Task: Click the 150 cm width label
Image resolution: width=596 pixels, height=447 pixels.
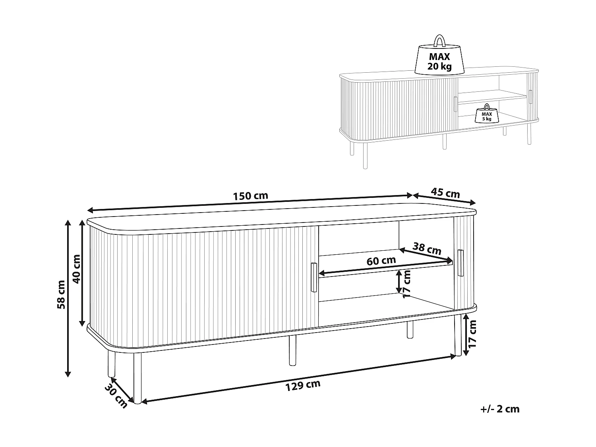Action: [250, 195]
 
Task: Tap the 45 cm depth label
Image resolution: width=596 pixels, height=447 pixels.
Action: [445, 193]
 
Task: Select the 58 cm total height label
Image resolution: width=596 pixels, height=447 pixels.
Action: [61, 294]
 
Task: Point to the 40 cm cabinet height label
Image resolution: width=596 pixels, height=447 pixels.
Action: [77, 269]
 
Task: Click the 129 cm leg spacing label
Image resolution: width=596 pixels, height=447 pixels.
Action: [303, 385]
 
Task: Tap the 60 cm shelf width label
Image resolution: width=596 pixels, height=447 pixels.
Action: [381, 261]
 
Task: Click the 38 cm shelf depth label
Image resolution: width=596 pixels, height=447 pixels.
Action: [427, 249]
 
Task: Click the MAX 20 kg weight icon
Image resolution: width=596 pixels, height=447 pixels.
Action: [439, 57]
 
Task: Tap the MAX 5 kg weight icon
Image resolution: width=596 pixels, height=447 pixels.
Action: [487, 114]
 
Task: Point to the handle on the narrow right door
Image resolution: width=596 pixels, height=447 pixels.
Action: [461, 263]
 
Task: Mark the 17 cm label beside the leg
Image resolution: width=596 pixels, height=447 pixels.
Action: [472, 334]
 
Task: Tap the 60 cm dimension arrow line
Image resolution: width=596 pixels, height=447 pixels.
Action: [385, 267]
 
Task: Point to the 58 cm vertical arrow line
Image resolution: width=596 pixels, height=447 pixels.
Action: [68, 298]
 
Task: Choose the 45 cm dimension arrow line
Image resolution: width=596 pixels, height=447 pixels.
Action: [444, 199]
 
